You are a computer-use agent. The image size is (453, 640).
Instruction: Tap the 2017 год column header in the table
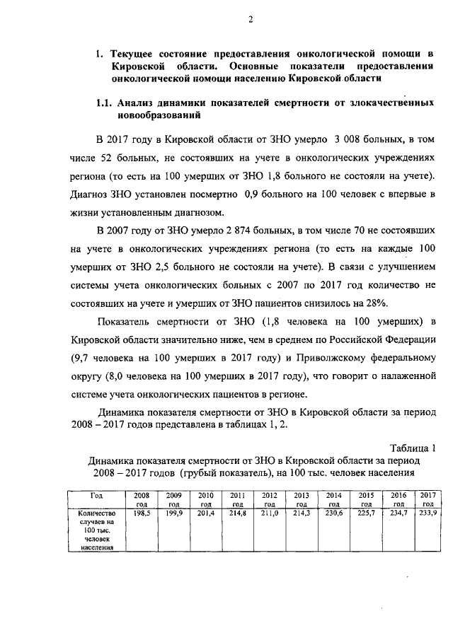[x=427, y=499]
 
